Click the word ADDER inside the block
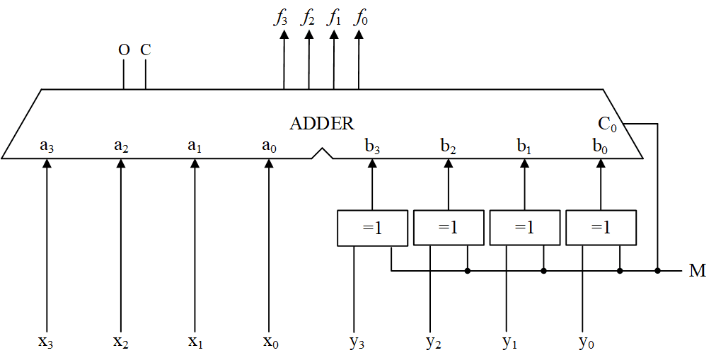[322, 123]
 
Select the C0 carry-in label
[608, 124]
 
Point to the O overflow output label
[123, 50]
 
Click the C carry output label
[145, 50]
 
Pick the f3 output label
[281, 18]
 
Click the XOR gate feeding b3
[373, 228]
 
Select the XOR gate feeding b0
[601, 228]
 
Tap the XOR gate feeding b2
[449, 228]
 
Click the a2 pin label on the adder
[121, 146]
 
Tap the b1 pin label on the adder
[524, 146]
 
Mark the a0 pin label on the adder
[269, 146]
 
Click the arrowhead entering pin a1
[195, 163]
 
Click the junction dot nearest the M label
[658, 271]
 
